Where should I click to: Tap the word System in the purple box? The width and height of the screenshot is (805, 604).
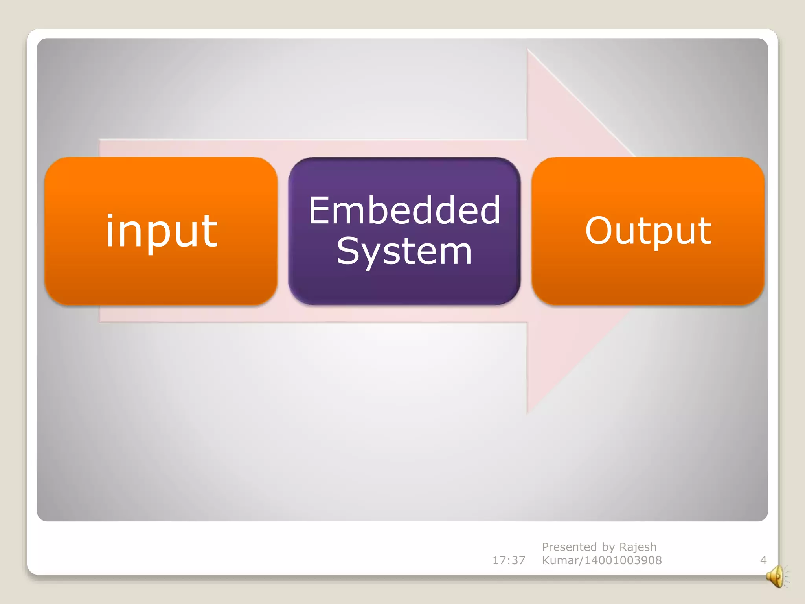tap(404, 252)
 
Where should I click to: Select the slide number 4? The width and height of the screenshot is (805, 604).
tap(763, 560)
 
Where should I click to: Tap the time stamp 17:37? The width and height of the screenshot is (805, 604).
tap(509, 560)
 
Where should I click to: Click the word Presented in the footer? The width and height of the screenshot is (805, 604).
tap(569, 547)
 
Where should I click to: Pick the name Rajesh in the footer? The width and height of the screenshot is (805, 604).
tap(638, 547)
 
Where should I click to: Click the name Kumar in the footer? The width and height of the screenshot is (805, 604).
tap(560, 560)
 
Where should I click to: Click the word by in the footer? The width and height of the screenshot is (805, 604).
tap(608, 547)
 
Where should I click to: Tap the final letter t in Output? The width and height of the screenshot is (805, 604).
tap(705, 231)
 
